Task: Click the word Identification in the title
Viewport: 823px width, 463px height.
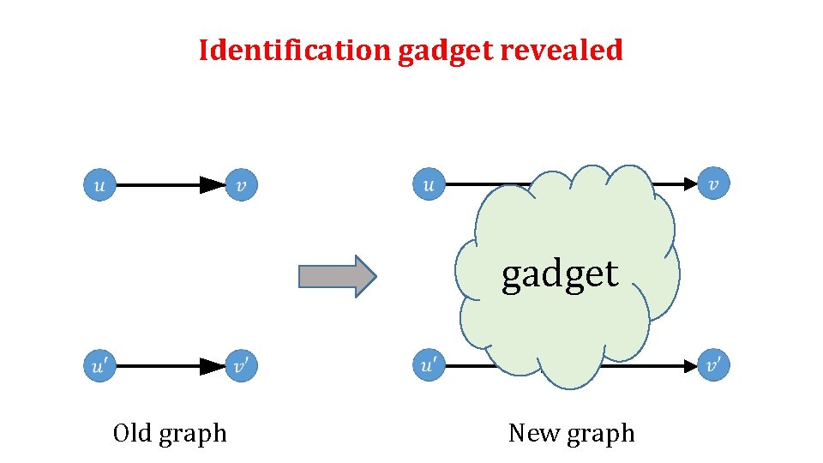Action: point(295,51)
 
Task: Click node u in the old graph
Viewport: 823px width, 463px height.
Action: point(99,184)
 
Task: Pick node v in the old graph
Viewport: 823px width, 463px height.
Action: point(241,184)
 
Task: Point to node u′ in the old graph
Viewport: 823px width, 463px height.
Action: point(99,366)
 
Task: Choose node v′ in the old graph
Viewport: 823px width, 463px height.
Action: point(242,366)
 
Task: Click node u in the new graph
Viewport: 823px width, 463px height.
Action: point(429,184)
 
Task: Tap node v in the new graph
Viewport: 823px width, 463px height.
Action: point(713,184)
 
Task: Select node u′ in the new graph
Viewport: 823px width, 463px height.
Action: point(429,366)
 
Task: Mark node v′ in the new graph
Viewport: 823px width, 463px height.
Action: point(713,366)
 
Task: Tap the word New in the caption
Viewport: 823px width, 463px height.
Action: point(532,433)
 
